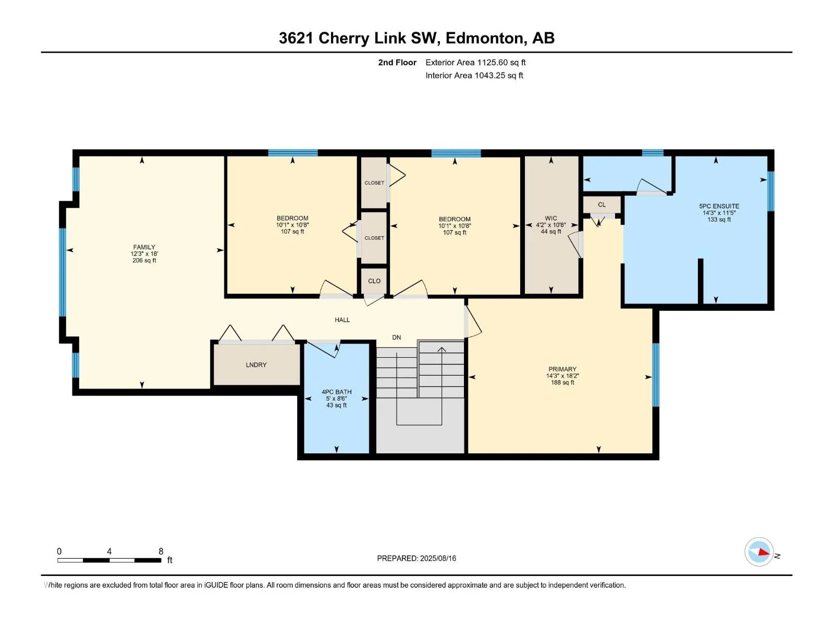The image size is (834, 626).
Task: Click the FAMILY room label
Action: point(144,247)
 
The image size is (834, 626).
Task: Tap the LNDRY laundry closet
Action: point(256,365)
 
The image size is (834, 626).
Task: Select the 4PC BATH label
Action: point(337,392)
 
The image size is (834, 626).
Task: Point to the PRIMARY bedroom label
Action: point(562,369)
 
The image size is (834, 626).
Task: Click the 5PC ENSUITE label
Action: point(719,206)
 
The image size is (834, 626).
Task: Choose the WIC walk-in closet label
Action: point(551,218)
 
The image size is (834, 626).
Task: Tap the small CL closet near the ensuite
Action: point(602,204)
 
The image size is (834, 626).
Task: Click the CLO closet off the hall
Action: point(374,281)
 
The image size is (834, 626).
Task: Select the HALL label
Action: point(342,320)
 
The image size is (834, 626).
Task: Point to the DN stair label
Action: point(396,338)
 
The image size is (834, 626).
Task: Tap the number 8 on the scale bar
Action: point(161,551)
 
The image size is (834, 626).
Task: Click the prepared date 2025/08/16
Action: point(438,558)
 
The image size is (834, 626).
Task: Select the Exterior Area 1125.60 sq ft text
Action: point(475,62)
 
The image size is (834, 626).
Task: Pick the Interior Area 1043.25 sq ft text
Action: point(474,75)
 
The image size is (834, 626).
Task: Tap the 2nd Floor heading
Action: point(397,62)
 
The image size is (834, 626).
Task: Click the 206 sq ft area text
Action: point(144,260)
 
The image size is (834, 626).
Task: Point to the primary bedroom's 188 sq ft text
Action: point(562,382)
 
